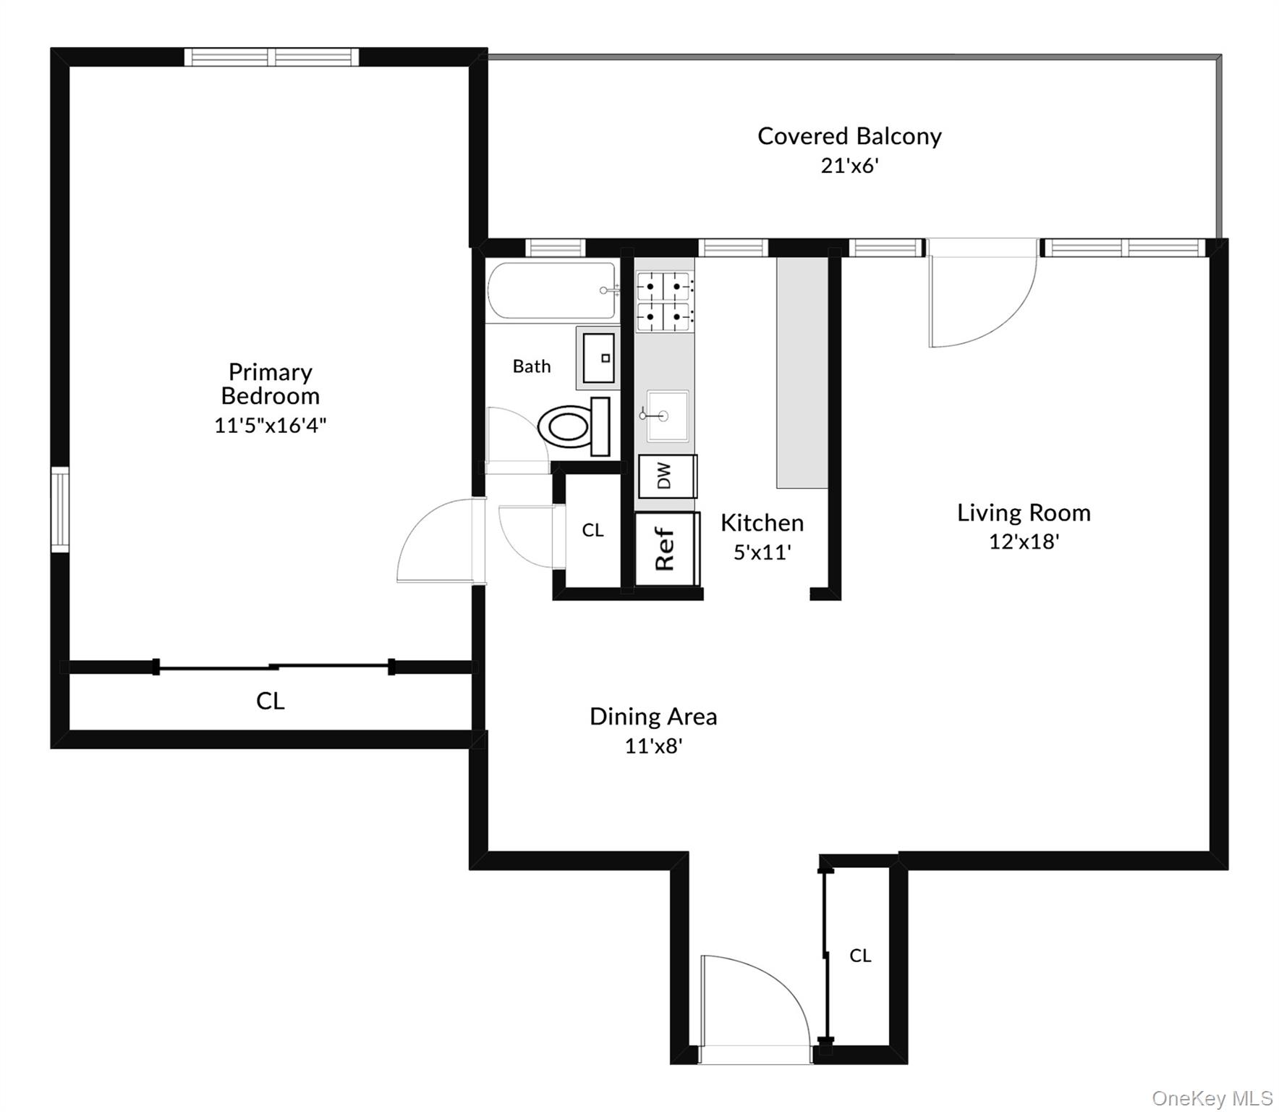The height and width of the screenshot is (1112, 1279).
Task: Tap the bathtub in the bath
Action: coord(551,290)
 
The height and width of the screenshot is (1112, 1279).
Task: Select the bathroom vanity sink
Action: coord(598,358)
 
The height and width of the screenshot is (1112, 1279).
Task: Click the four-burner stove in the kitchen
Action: coord(664,300)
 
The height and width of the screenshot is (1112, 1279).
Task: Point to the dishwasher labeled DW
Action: coord(666,476)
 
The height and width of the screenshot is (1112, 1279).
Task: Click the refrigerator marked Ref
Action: coord(666,549)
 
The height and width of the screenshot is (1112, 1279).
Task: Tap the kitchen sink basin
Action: coord(666,416)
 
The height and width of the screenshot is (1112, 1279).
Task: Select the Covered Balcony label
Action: coord(849,136)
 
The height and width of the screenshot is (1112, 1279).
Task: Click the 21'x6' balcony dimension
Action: coord(849,166)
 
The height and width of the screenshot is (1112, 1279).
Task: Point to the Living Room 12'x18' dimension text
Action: coord(1023,542)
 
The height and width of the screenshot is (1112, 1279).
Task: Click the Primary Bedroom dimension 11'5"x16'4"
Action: coord(270,425)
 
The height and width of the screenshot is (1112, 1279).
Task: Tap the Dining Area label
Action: coord(653,717)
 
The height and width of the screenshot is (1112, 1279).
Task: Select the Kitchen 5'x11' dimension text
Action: coord(762,552)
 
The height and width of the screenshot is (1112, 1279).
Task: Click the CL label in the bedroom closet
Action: coord(270,701)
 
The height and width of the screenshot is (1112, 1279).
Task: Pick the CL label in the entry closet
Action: coord(859,956)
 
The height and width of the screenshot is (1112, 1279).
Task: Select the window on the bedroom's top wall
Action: coord(271,57)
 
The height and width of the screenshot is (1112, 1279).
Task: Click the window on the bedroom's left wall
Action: coord(59,510)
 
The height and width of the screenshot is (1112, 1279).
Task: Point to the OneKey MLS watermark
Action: coord(1212,1098)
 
